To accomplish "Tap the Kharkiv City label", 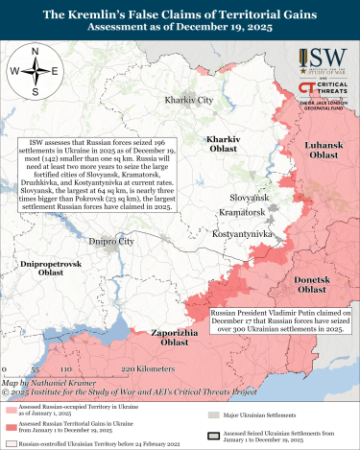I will [189, 100].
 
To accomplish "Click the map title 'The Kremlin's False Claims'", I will [180, 14].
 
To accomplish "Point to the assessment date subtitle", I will [180, 29].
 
